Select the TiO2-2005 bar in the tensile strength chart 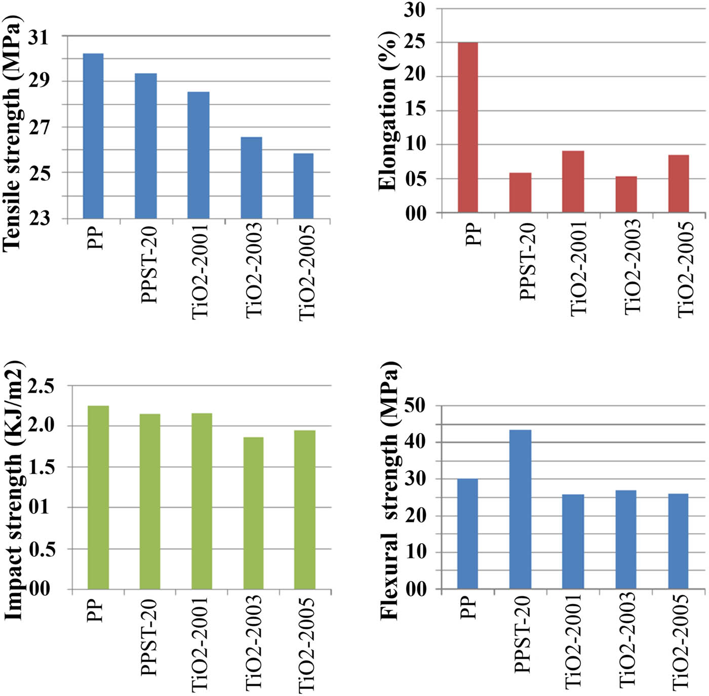pyautogui.click(x=303, y=186)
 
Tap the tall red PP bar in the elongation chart pyautogui.click(x=467, y=127)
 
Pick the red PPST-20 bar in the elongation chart pyautogui.click(x=520, y=192)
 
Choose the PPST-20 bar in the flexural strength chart pyautogui.click(x=520, y=509)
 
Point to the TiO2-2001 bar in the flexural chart pyautogui.click(x=573, y=541)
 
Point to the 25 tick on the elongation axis pyautogui.click(x=415, y=43)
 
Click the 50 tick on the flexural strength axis pyautogui.click(x=415, y=406)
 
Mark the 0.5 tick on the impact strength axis pyautogui.click(x=42, y=549)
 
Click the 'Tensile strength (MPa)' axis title pyautogui.click(x=12, y=133)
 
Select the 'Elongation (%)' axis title pyautogui.click(x=388, y=110)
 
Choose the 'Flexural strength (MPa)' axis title pyautogui.click(x=390, y=491)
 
